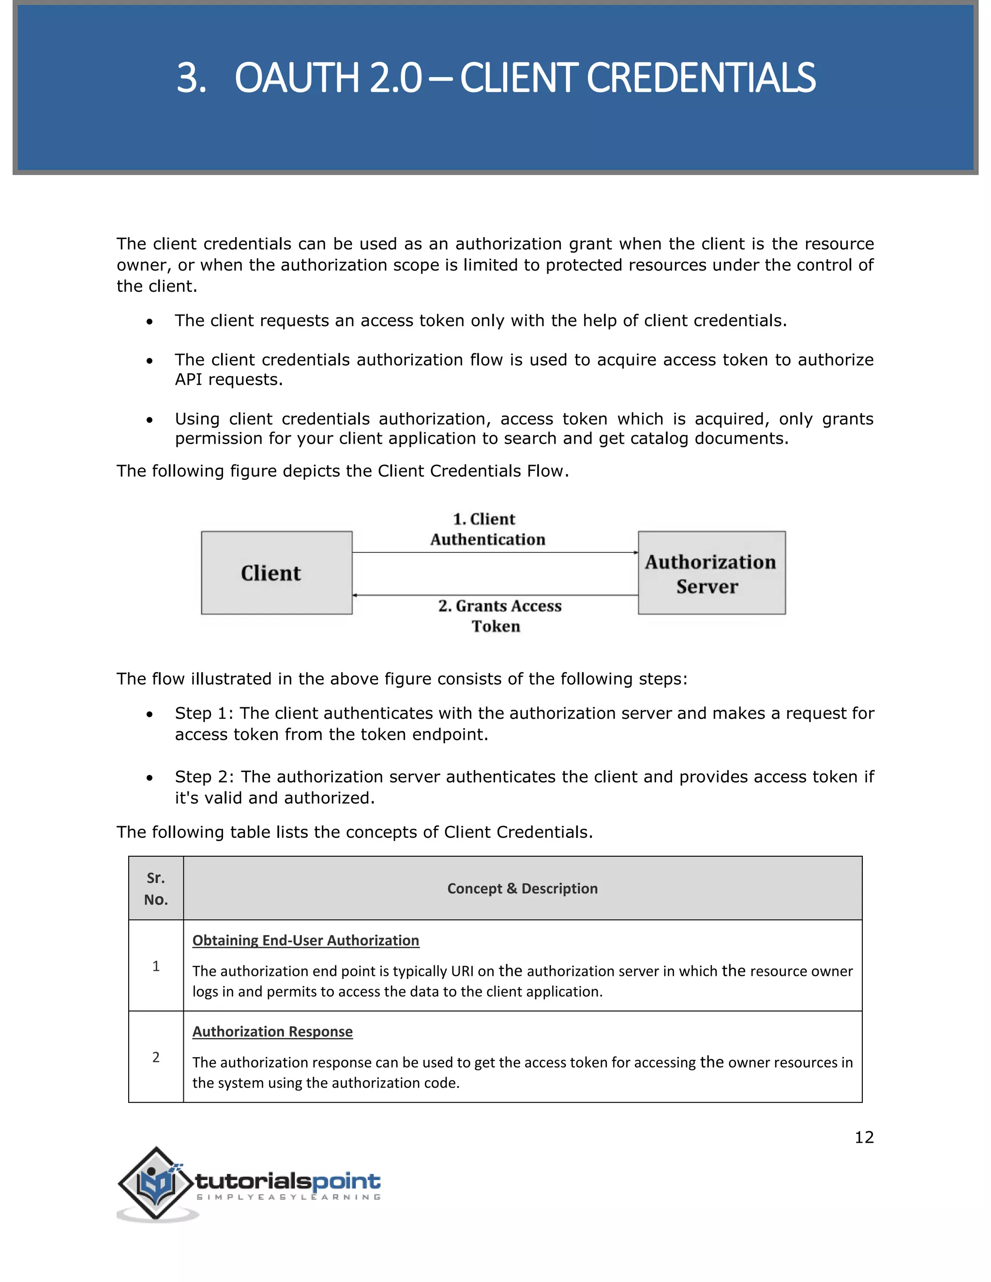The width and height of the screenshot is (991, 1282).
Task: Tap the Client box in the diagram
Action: (276, 573)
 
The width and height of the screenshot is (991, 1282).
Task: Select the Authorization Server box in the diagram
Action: (711, 573)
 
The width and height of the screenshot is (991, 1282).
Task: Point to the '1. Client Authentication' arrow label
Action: (487, 529)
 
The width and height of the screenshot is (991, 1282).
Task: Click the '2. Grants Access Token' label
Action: (499, 616)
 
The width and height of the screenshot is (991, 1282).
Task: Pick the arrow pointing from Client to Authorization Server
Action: (495, 552)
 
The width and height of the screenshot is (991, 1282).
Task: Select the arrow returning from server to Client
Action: (495, 595)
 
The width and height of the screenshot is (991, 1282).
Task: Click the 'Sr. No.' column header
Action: (156, 888)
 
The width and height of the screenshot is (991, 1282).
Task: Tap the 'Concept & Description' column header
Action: (522, 888)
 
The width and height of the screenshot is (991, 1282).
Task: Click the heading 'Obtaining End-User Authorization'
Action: (305, 940)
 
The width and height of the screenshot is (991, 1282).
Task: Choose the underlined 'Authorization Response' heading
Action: (272, 1031)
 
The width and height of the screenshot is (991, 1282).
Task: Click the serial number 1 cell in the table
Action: (156, 966)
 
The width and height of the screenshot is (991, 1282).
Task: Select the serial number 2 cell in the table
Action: (156, 1057)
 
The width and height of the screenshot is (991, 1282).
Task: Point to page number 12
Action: (864, 1137)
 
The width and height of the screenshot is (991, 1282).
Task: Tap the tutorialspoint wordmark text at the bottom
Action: (288, 1180)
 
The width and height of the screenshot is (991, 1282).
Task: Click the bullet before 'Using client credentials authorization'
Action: (150, 420)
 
